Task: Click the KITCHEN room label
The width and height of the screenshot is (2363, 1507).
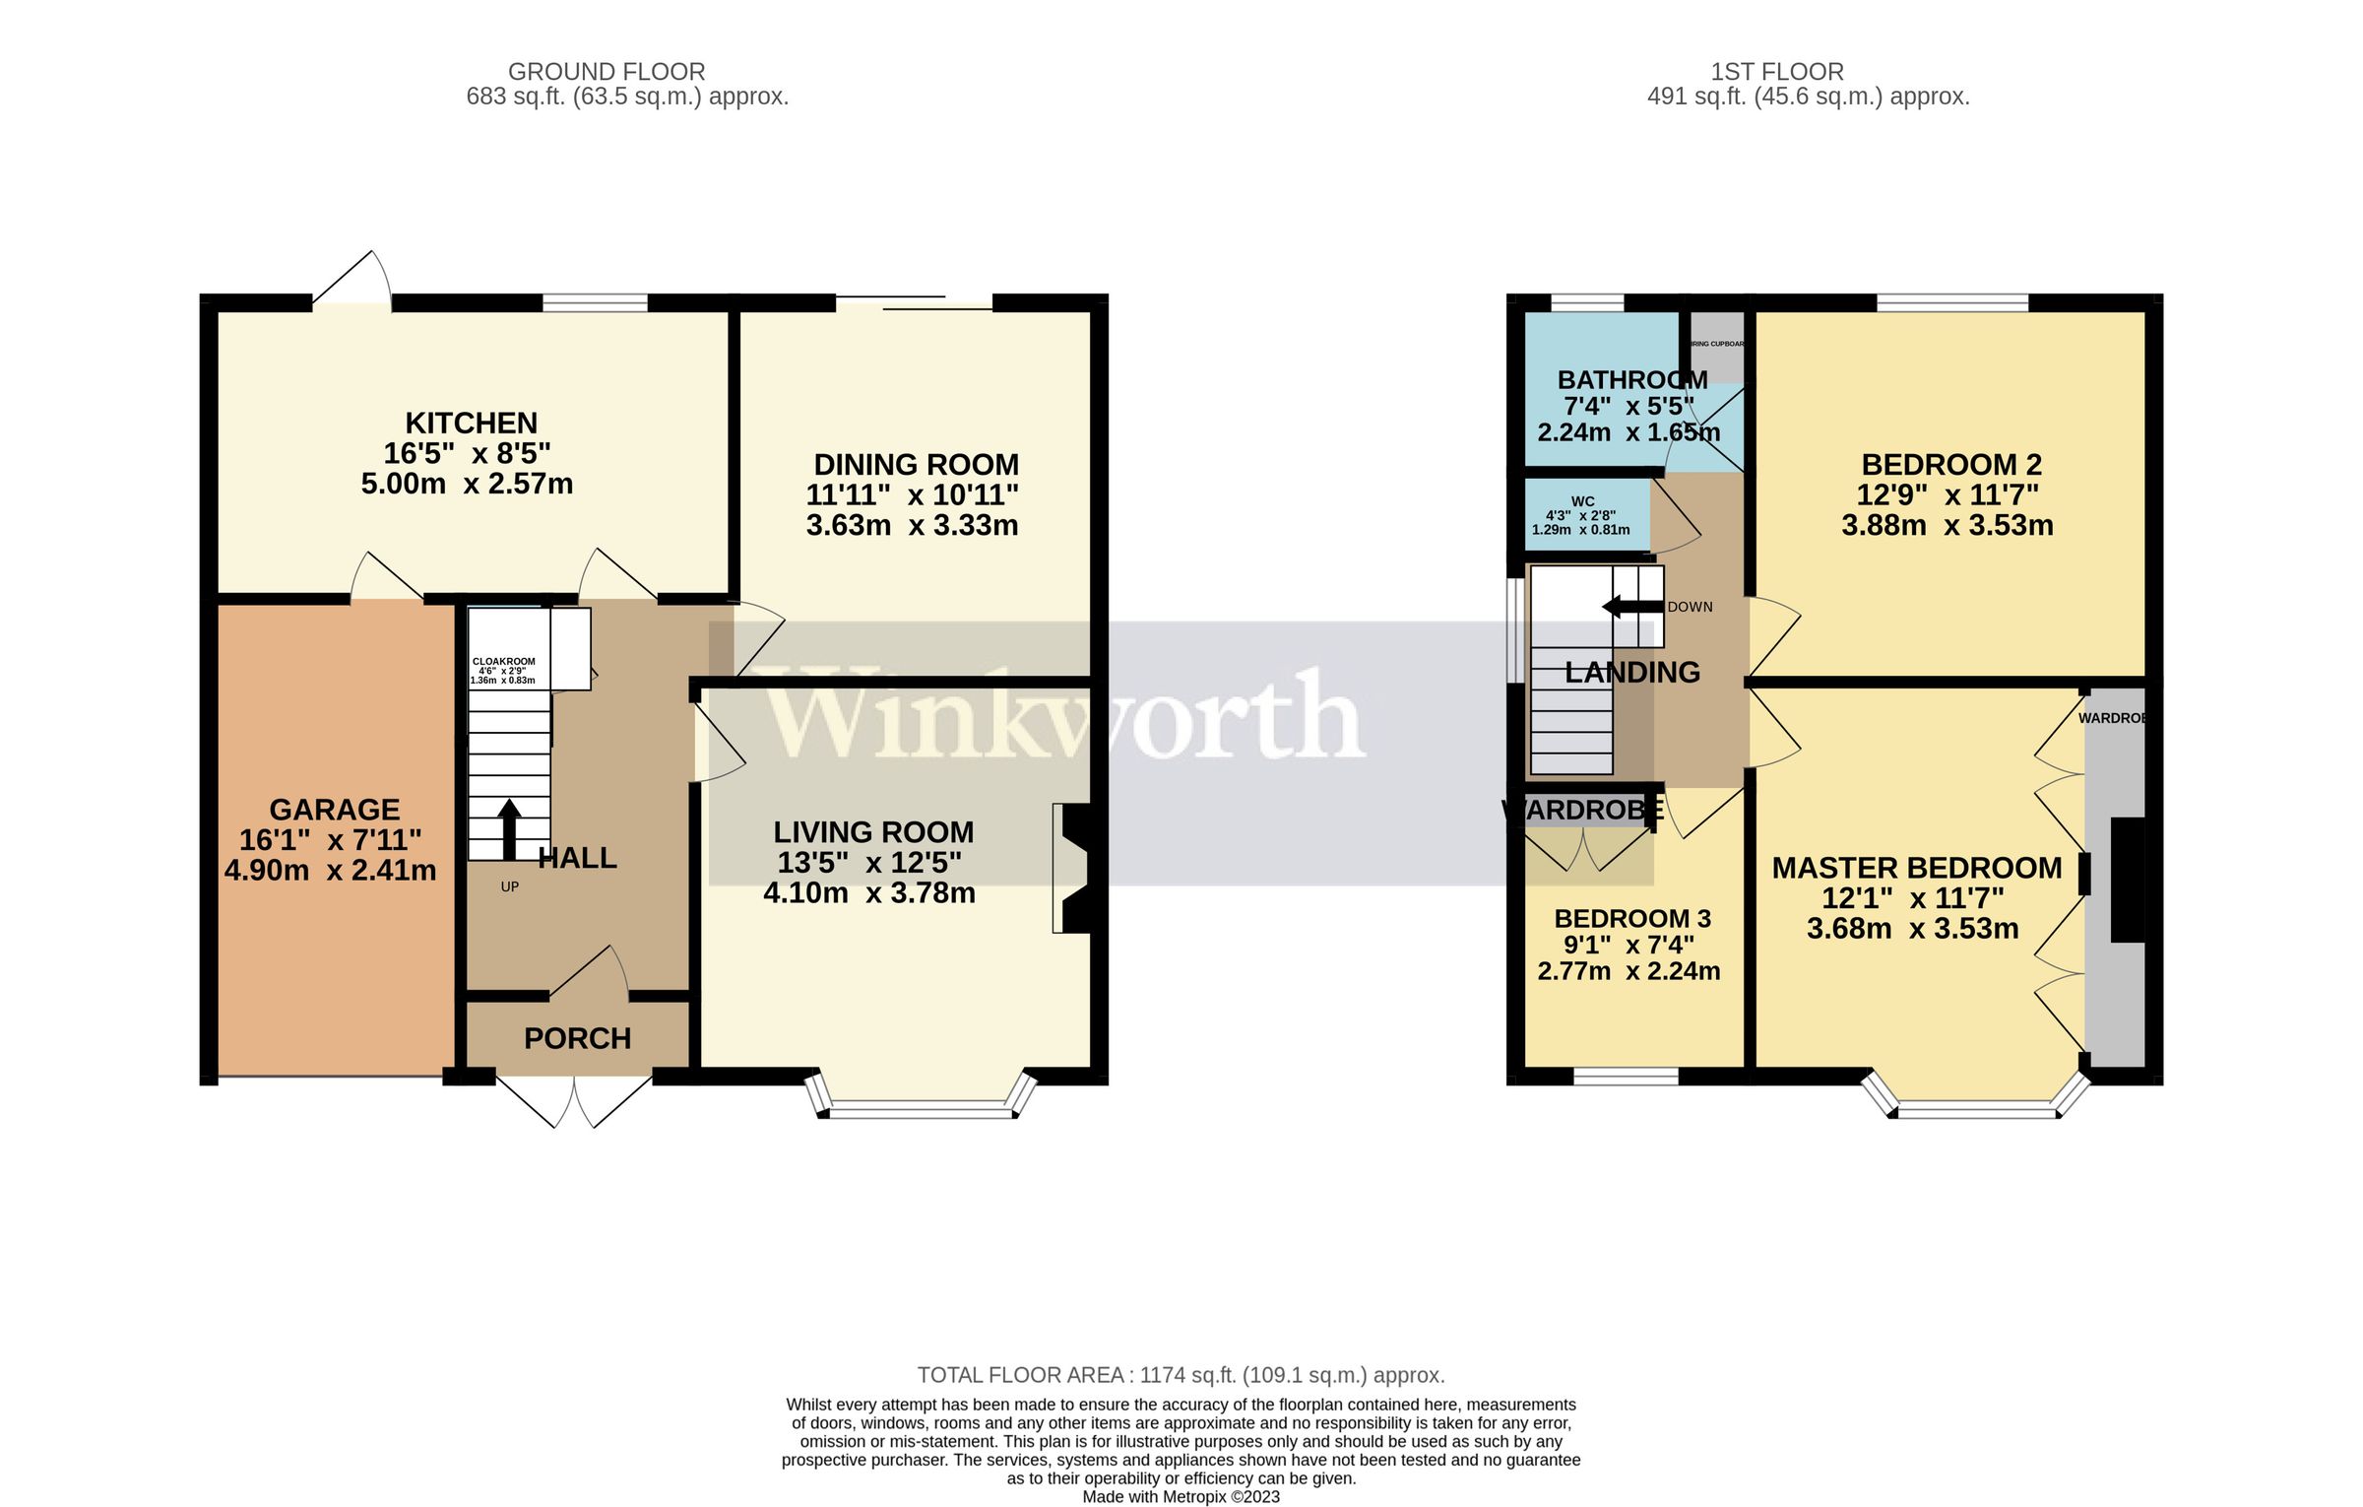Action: [x=471, y=423]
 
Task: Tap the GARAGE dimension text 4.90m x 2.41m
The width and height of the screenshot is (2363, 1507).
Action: [x=330, y=871]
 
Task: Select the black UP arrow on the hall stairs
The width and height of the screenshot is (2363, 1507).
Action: [x=508, y=829]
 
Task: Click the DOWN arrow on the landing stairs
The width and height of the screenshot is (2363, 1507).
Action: [x=1632, y=607]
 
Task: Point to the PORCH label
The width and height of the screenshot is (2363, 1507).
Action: [x=577, y=1038]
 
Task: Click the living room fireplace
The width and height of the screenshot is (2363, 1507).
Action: [x=1073, y=868]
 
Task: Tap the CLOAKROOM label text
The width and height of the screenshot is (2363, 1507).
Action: [x=503, y=662]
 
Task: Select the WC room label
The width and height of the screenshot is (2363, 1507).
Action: [x=1582, y=501]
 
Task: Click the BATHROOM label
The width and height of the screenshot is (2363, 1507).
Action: [x=1631, y=380]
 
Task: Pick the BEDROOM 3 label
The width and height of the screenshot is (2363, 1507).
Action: [x=1631, y=919]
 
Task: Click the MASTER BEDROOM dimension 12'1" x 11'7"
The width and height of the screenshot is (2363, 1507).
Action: [x=1912, y=898]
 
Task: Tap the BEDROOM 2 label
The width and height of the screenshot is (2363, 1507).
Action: [x=1950, y=464]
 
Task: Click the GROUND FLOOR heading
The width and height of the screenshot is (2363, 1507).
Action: [x=607, y=72]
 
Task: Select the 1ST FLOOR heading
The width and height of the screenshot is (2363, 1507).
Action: [x=1776, y=72]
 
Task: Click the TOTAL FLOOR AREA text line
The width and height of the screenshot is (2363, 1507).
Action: [x=1181, y=1375]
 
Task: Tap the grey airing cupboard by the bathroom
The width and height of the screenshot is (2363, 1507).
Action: [x=1716, y=347]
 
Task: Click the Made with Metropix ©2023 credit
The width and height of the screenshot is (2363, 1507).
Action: [x=1181, y=1497]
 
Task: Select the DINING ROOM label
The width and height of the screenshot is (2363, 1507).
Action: [x=916, y=464]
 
